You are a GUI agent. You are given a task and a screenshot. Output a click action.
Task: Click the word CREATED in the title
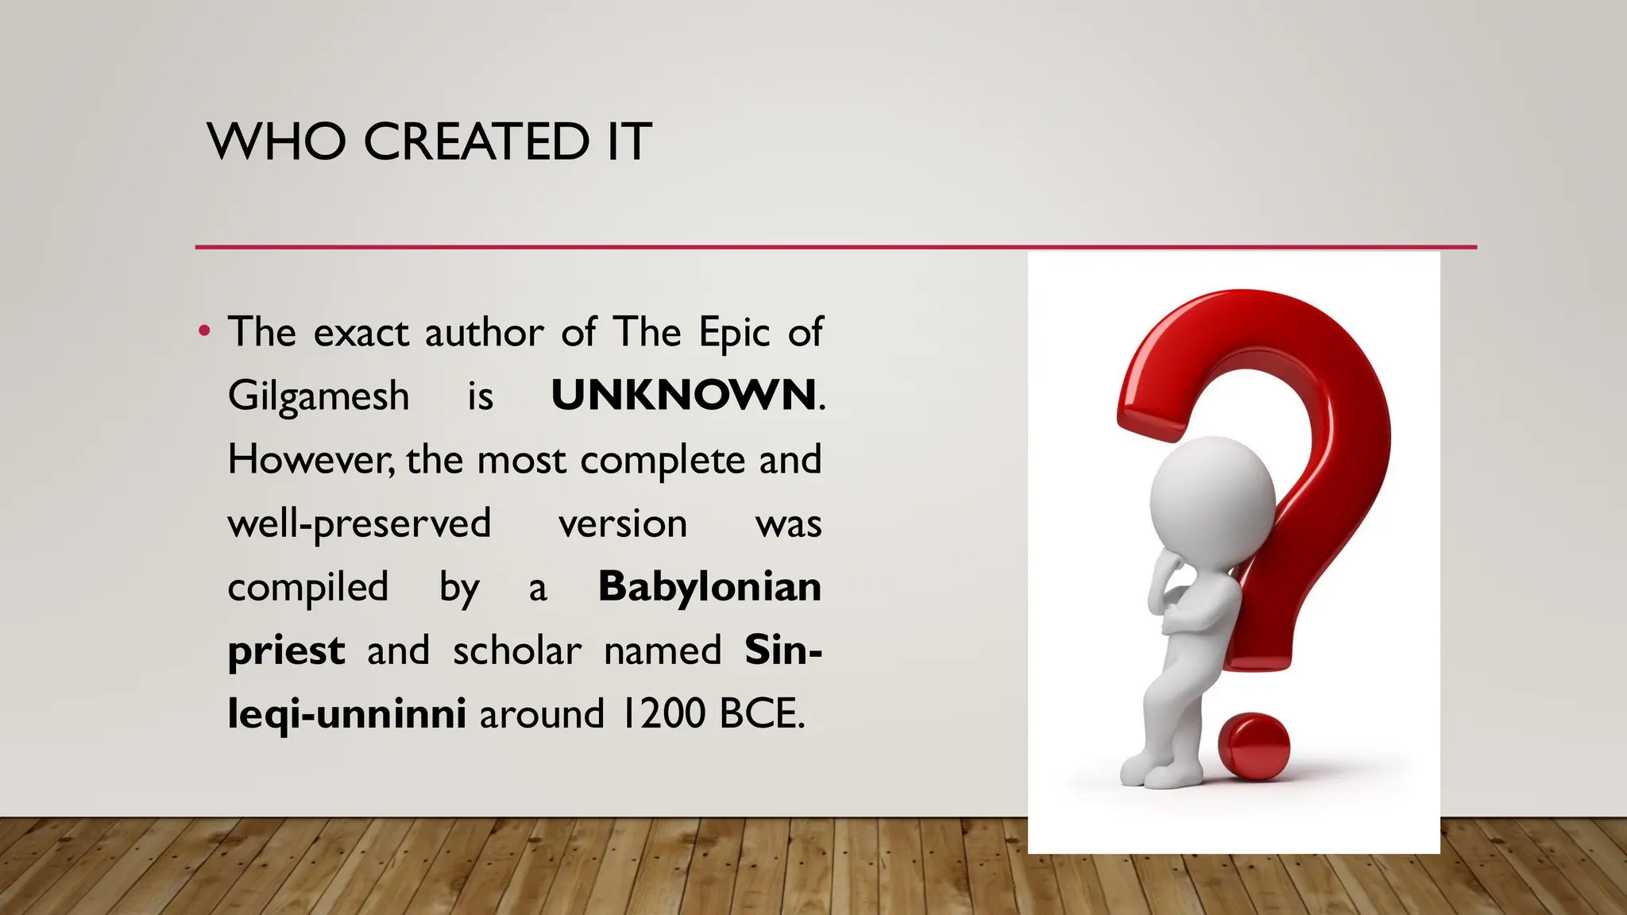coord(477,142)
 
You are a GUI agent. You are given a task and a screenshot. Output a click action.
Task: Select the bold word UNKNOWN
coord(683,395)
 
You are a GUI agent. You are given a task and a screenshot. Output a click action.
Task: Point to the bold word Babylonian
coord(709,588)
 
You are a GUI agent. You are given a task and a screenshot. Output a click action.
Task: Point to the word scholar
coord(517,651)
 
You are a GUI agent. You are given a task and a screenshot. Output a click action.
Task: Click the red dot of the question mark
coord(1253,747)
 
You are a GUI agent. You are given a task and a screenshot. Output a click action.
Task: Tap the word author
coord(485,332)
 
